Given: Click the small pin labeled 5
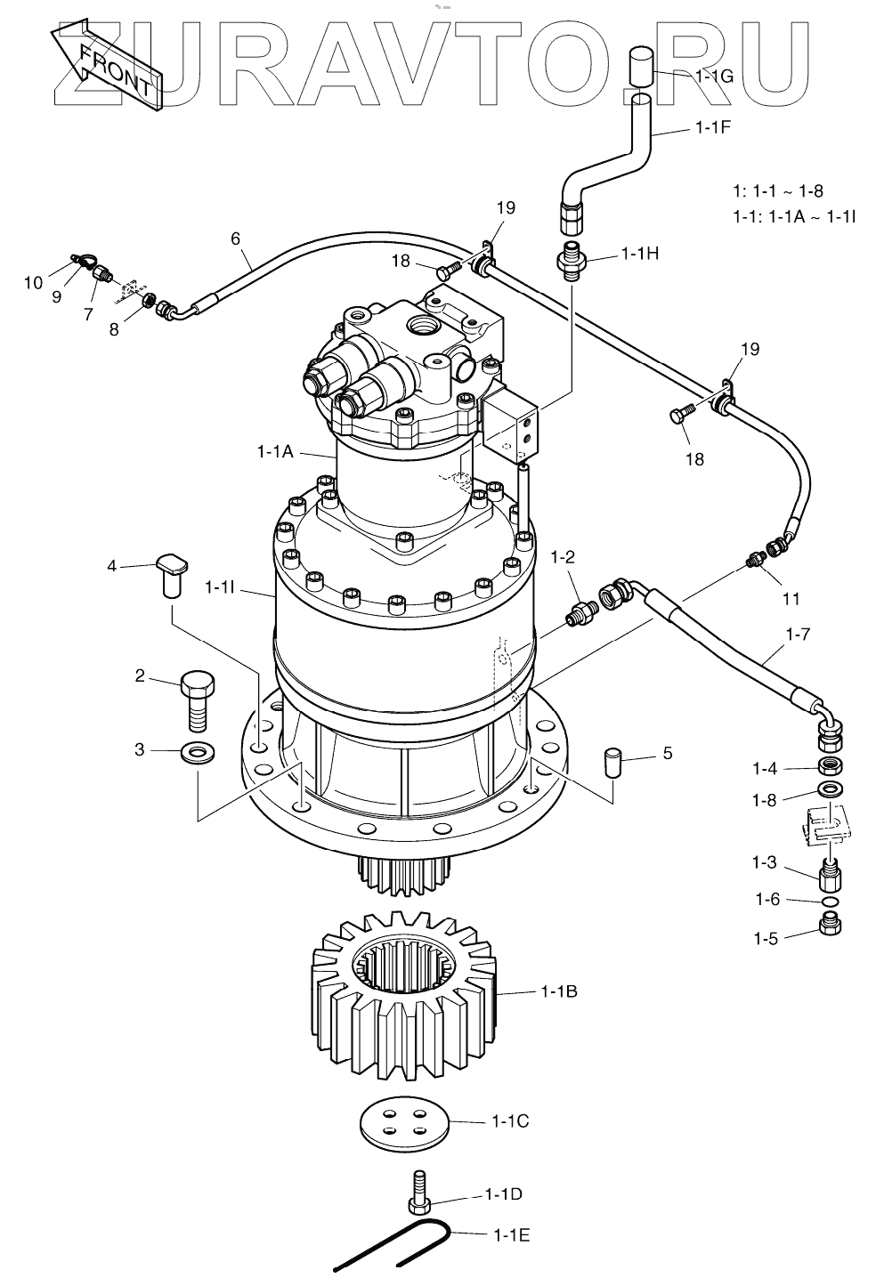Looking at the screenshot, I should coord(612,762).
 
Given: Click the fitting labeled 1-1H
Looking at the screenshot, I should coord(570,257).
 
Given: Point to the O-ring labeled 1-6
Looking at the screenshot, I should coord(830,902).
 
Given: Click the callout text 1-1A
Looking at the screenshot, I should coord(275,451).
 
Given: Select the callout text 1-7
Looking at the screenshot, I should coord(798,635).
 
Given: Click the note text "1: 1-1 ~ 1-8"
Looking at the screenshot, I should coord(776,190).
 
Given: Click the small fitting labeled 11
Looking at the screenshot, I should coord(756,559).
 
